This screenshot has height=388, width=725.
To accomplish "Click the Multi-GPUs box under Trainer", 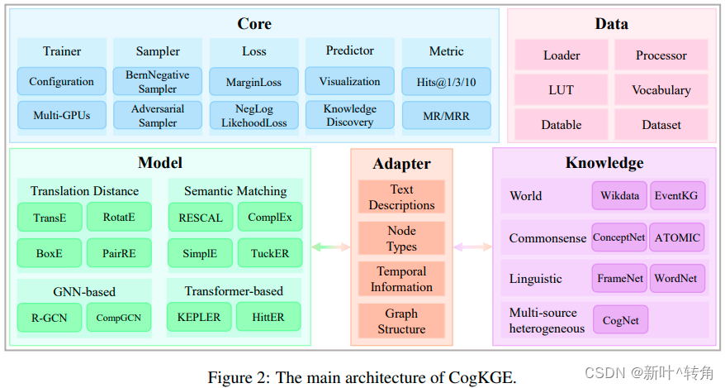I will click(x=61, y=115).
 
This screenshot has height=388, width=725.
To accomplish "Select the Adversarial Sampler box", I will click(x=158, y=115).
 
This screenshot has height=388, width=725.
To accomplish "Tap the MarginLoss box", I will click(x=254, y=81).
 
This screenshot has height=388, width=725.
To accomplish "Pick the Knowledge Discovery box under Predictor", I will click(x=350, y=115).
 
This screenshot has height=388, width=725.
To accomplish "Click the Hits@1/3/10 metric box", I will click(x=447, y=81).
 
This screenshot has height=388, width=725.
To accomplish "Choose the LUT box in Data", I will click(x=562, y=89).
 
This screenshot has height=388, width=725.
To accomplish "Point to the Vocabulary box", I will click(x=661, y=89).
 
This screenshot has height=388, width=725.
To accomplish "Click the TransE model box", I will click(x=50, y=218).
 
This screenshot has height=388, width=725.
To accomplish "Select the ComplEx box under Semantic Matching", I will click(x=269, y=218).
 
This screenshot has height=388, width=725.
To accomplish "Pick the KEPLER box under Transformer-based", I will click(x=198, y=317).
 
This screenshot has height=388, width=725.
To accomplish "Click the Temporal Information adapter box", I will click(x=401, y=279).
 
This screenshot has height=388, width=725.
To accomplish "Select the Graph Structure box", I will click(x=401, y=321).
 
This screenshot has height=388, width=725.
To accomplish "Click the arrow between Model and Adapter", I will click(x=330, y=247).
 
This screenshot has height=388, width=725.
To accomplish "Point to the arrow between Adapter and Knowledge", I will click(x=472, y=247).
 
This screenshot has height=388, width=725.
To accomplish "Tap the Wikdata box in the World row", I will click(x=619, y=196).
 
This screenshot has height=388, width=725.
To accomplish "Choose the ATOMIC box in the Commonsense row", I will click(x=677, y=237).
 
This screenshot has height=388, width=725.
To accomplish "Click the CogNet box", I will click(x=620, y=319).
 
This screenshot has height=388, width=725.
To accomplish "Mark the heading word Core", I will click(x=254, y=24).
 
